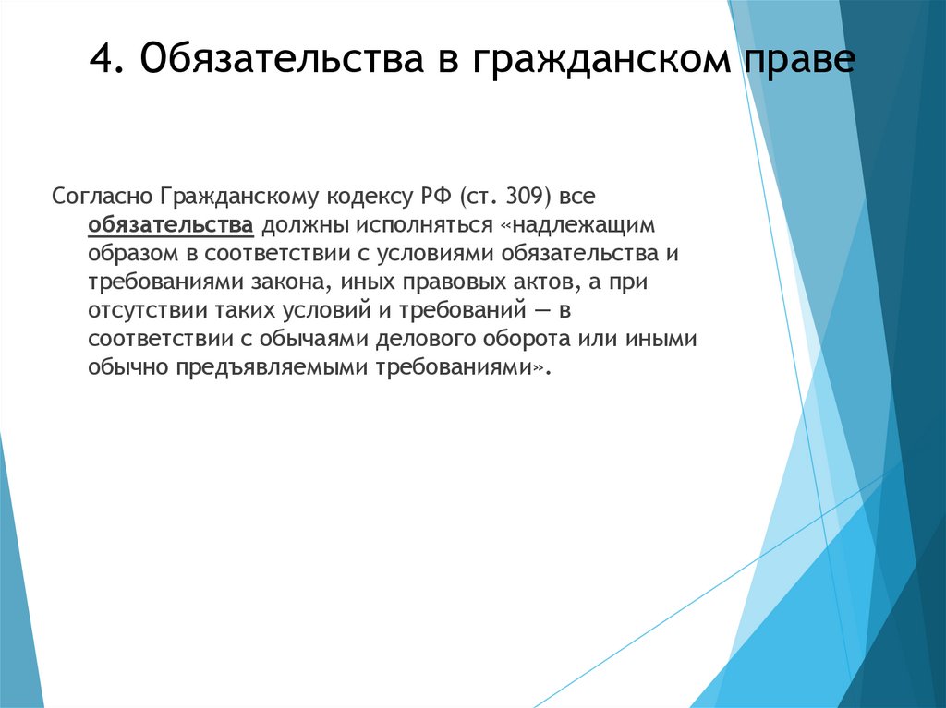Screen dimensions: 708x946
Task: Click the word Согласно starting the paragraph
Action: [101, 197]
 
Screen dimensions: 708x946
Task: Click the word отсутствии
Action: [145, 310]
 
